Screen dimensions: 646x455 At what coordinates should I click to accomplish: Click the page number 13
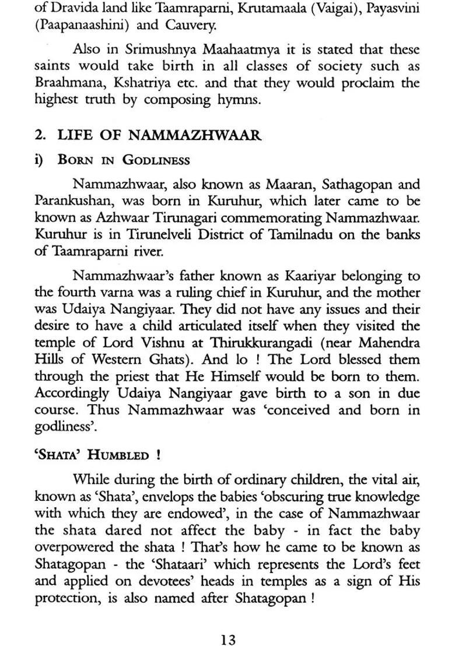(x=228, y=624)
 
